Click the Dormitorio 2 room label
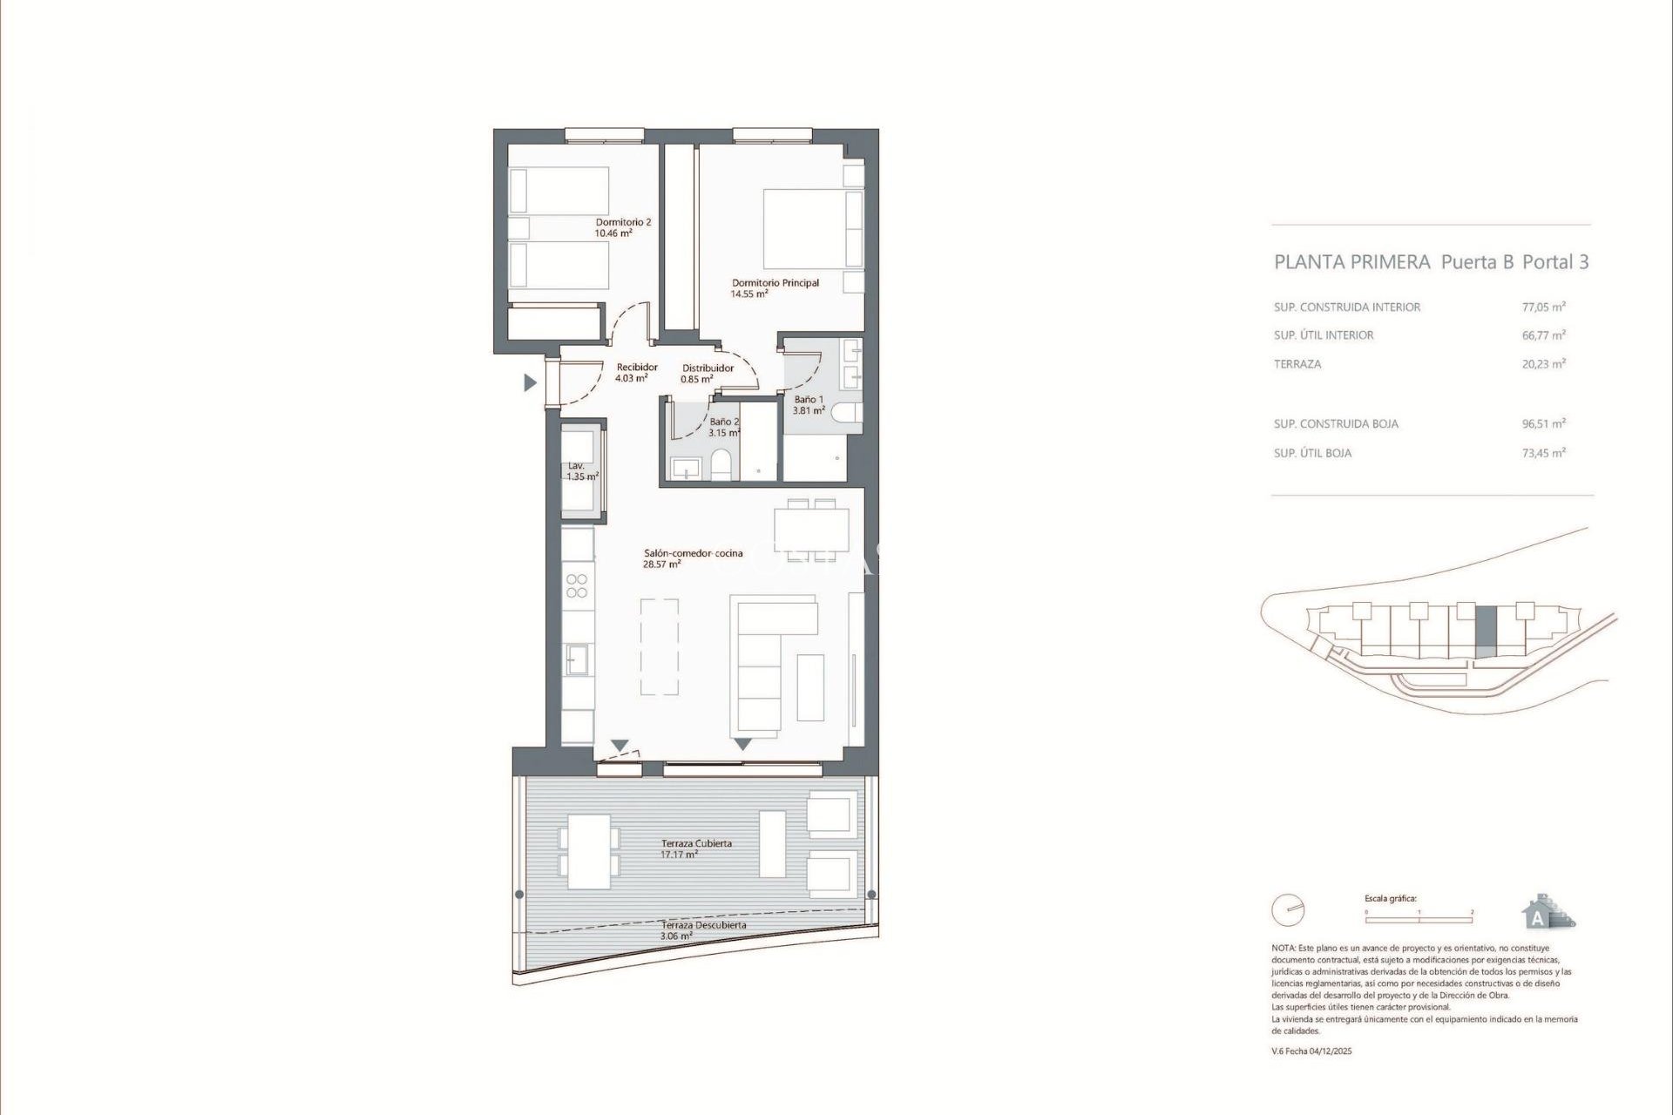[x=623, y=222]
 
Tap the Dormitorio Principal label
[x=775, y=283]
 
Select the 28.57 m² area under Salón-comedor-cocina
[x=662, y=564]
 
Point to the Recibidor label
[x=636, y=368]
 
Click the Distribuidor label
[x=708, y=368]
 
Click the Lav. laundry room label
[x=575, y=466]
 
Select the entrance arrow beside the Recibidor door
[x=529, y=382]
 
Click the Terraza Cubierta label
[x=696, y=843]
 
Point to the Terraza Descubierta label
[x=703, y=925]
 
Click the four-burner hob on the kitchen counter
[x=577, y=585]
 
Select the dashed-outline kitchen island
[x=660, y=646]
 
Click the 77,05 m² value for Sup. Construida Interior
[x=1543, y=307]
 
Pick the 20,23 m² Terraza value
[x=1543, y=364]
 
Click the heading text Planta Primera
[x=1351, y=262]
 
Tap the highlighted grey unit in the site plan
[x=1486, y=632]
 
